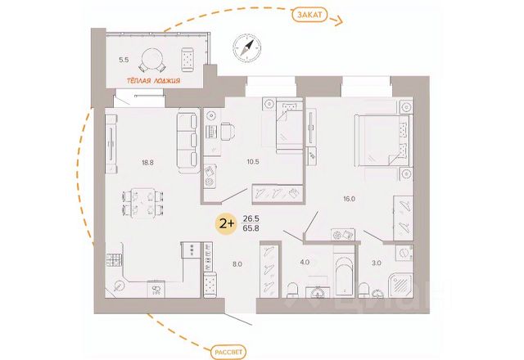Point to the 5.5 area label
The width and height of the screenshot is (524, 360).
pos(124,60)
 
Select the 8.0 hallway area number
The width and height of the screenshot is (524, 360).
pos(236,263)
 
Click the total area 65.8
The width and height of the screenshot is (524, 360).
pos(251,230)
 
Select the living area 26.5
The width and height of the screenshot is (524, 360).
pos(251,218)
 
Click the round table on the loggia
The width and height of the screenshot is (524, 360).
pos(153,58)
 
